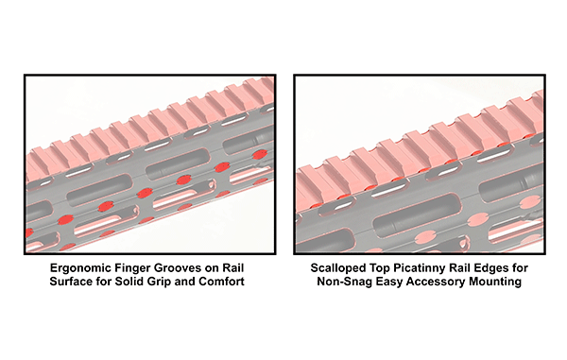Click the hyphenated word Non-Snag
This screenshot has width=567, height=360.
[345, 282]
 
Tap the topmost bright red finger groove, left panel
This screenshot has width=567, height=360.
[260, 155]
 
